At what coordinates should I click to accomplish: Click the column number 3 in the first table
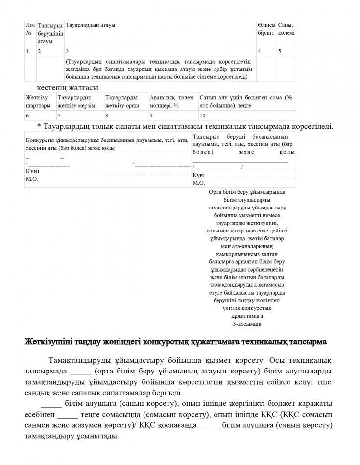(x=67, y=51)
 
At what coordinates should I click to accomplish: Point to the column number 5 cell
(x=279, y=51)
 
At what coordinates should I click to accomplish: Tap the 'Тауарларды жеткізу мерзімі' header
(x=77, y=101)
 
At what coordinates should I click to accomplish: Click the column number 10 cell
(x=202, y=116)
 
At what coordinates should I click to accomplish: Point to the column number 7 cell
(x=59, y=116)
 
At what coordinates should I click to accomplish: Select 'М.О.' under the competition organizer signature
(x=31, y=179)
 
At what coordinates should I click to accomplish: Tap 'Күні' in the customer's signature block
(x=198, y=175)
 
